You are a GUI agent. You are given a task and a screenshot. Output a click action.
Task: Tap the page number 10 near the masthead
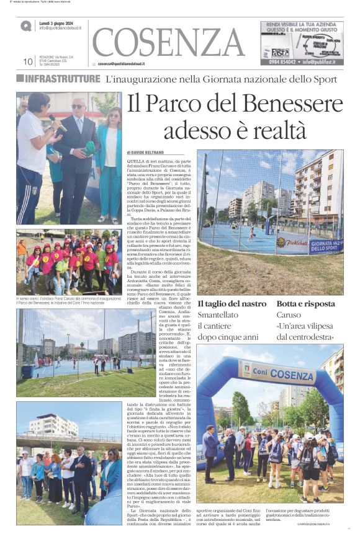[x=27, y=61]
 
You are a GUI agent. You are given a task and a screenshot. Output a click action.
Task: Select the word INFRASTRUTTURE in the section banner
[x=62, y=79]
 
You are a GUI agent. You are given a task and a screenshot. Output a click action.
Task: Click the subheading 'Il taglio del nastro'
[x=232, y=304]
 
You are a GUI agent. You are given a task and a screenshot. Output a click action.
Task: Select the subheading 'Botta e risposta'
[x=305, y=304]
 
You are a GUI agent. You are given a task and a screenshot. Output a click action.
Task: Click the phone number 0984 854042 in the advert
[x=282, y=62]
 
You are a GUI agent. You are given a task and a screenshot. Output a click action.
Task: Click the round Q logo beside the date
[x=26, y=26]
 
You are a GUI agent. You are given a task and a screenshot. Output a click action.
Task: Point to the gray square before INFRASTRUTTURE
[x=20, y=79]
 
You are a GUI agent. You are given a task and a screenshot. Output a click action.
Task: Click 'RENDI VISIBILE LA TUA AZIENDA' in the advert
[x=300, y=24]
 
